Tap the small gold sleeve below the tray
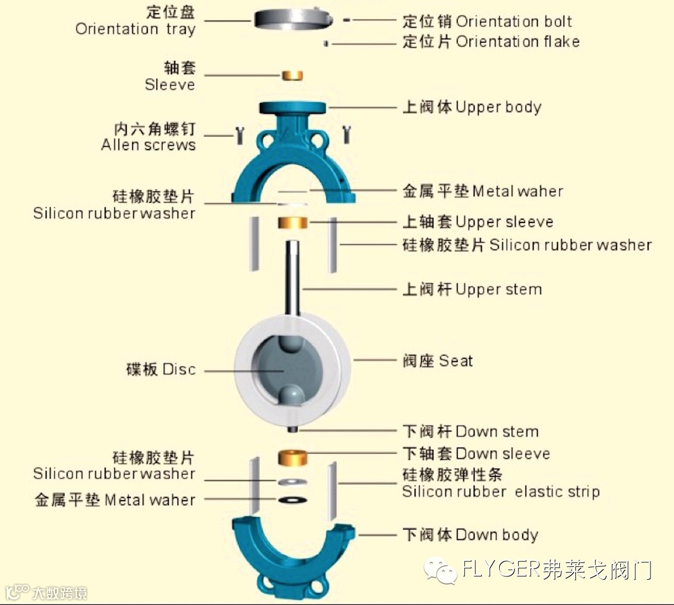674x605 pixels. pos(292,75)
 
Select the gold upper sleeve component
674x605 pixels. pos(293,223)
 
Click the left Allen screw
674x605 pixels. pos(240,135)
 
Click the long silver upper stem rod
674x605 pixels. pos(292,277)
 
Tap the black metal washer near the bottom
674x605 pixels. pos(292,499)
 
